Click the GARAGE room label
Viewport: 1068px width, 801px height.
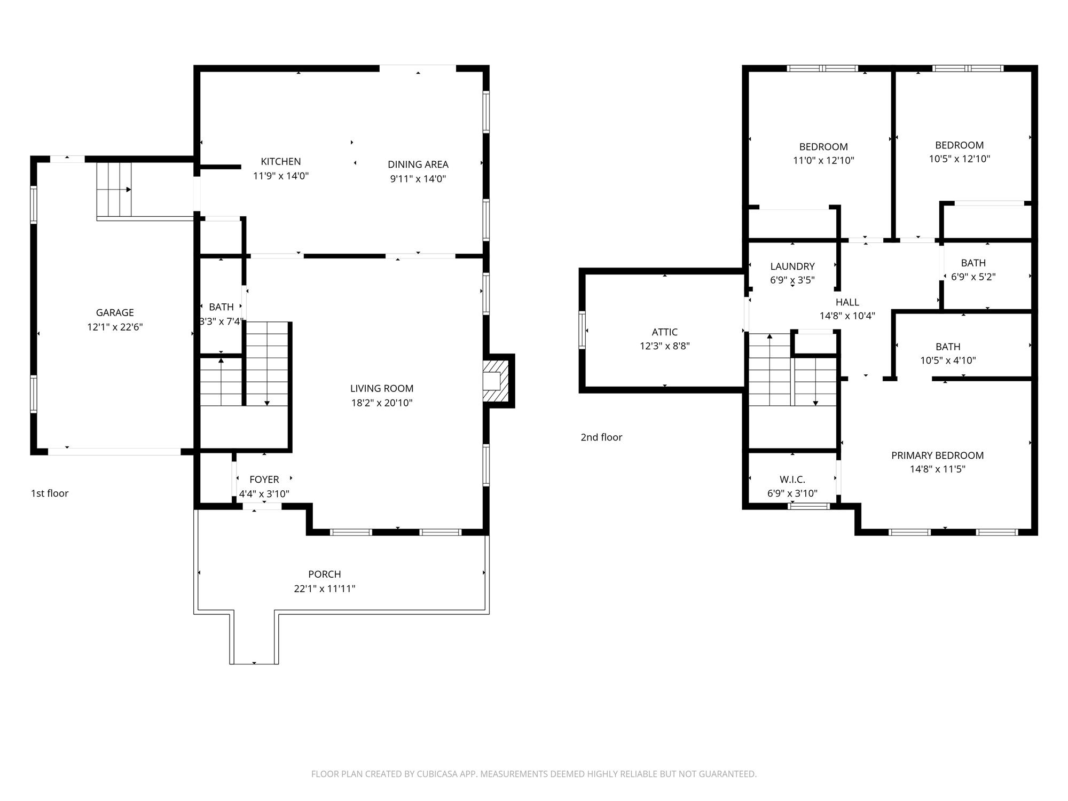point(115,312)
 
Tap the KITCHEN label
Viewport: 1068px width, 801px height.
point(281,161)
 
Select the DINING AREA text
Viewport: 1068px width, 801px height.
point(418,164)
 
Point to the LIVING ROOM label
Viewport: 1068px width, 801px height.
point(382,388)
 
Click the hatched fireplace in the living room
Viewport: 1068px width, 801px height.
point(496,381)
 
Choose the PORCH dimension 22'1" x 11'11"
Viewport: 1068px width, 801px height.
point(325,588)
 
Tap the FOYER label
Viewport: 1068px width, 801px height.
point(264,480)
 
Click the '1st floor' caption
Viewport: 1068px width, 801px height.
point(50,493)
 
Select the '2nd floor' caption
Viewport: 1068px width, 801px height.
point(601,437)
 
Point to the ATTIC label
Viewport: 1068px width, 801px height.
point(665,332)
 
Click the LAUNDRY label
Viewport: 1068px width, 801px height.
point(792,266)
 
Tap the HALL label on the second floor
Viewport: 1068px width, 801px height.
point(847,302)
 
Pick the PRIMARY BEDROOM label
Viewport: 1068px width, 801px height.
point(938,456)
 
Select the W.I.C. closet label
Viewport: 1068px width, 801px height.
point(792,480)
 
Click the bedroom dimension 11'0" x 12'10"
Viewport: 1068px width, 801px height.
point(823,160)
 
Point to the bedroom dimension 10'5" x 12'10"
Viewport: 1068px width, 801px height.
point(960,159)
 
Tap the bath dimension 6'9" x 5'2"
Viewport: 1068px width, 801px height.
point(973,277)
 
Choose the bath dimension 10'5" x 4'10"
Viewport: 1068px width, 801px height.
point(948,360)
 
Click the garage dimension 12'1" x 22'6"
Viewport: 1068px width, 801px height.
point(115,327)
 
